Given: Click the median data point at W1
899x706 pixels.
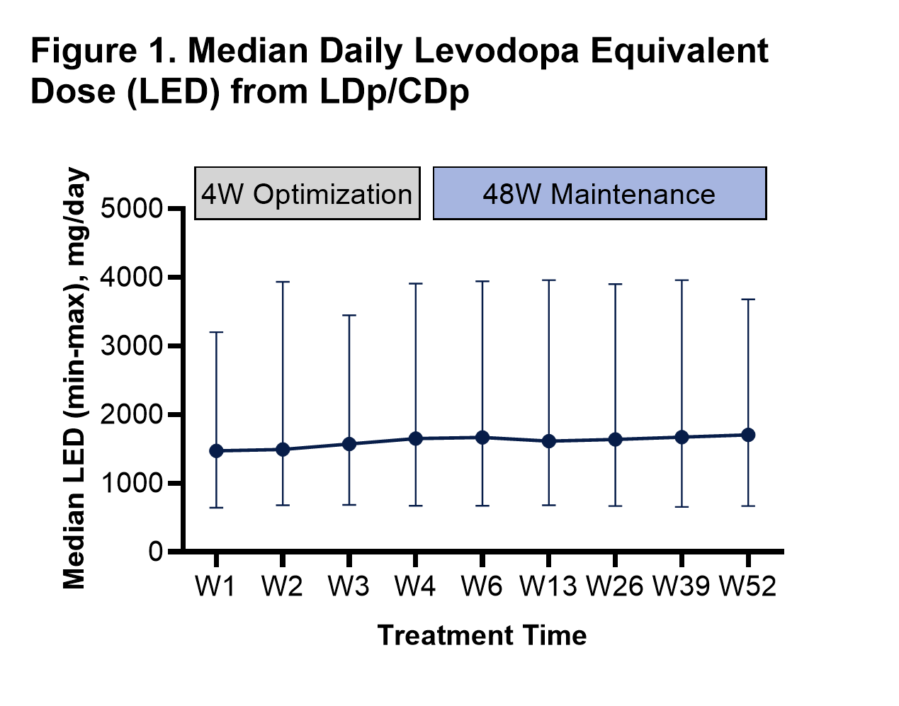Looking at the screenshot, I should click(x=217, y=450).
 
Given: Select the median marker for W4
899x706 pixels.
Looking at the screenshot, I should click(x=416, y=439).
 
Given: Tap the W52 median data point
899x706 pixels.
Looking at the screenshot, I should click(x=748, y=435).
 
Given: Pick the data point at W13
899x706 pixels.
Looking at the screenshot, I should click(x=548, y=441).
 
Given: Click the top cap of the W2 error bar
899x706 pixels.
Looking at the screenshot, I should click(x=283, y=282).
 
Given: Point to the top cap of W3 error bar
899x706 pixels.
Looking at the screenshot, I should click(x=349, y=315).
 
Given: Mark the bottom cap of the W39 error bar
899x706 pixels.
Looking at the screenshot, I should click(x=682, y=507).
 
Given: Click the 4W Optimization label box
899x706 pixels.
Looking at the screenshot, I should click(x=307, y=193).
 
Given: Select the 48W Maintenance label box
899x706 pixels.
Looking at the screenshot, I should click(x=599, y=193).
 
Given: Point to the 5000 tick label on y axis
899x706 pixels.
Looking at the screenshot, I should click(x=132, y=209).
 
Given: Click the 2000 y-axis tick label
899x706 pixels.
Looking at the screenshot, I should click(x=132, y=415).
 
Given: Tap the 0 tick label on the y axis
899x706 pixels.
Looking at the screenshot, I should click(x=156, y=552).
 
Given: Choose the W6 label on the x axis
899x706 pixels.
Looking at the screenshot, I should click(x=482, y=586).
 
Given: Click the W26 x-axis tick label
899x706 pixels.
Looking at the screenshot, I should click(x=615, y=586).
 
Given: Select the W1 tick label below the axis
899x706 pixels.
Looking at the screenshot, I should click(x=216, y=586).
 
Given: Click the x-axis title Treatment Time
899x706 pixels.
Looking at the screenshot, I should click(x=482, y=635).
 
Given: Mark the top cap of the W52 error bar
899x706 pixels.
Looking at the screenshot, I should click(x=748, y=300).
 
